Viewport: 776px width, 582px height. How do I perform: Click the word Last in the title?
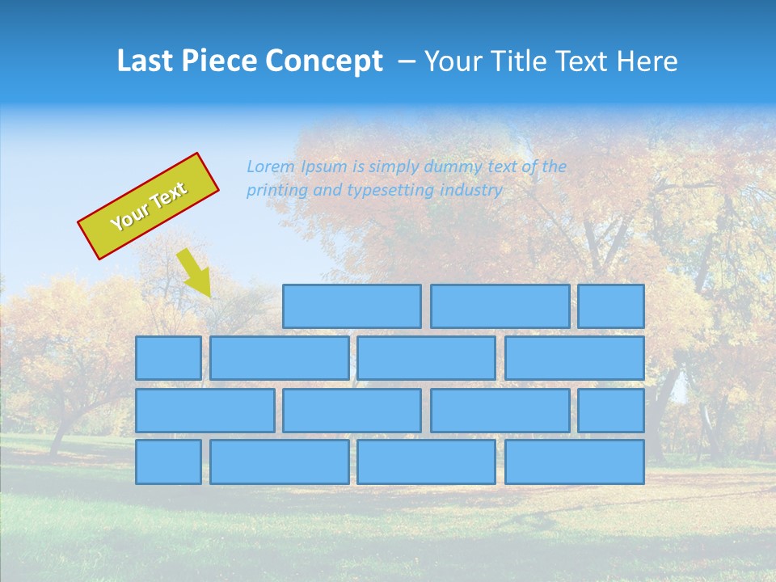point(143,61)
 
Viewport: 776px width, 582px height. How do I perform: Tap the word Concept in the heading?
point(323,61)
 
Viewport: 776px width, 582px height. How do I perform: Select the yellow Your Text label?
point(148,206)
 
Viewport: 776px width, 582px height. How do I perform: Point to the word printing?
point(274,191)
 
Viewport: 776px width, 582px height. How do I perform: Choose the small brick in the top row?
point(611,306)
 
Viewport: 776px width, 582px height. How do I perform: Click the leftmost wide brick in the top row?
point(352,306)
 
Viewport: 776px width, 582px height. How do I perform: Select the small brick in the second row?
point(168,358)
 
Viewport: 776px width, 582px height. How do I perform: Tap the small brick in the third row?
point(611,411)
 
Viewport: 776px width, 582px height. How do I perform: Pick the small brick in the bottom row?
point(168,462)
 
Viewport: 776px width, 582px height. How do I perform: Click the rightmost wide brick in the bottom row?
point(575,462)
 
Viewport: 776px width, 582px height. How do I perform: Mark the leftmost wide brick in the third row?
point(205,411)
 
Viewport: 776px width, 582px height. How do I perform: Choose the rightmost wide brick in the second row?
point(575,358)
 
